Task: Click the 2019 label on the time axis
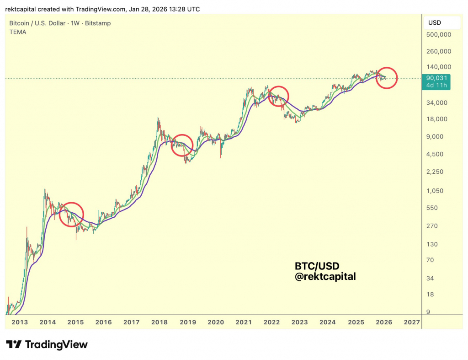coord(187,322)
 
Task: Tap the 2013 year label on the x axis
coord(20,322)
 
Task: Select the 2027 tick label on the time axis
coord(412,322)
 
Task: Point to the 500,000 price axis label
coord(439,34)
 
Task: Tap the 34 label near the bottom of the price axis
coord(430,278)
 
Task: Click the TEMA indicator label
coord(18,32)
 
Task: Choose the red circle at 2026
coord(387,78)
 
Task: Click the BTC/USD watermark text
coord(317,266)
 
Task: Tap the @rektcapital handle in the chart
coord(325,276)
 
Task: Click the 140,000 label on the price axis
coord(439,67)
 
